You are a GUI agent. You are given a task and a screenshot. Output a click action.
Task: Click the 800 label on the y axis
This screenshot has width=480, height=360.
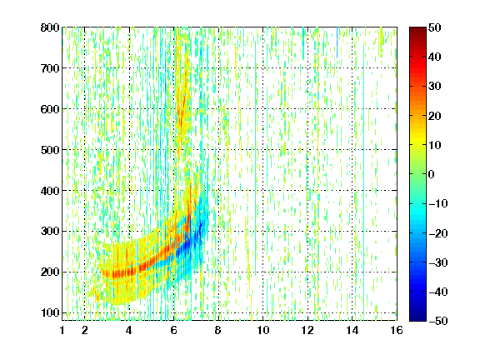[x=50, y=27]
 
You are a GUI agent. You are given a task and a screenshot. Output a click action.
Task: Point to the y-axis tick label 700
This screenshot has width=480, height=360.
[x=50, y=68]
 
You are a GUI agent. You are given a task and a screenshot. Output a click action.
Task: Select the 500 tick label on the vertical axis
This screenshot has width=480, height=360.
[x=50, y=150]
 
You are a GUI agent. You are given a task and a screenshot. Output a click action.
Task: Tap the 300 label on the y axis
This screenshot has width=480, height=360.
[x=50, y=231]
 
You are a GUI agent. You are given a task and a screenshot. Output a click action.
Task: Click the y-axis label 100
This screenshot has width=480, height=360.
[x=50, y=312]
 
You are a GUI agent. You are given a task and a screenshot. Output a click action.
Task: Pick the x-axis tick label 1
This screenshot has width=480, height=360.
[x=62, y=330]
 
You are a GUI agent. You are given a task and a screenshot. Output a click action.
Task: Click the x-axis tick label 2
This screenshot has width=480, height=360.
[x=84, y=330]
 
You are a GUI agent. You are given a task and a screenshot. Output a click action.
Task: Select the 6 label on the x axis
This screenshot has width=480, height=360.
[x=174, y=330]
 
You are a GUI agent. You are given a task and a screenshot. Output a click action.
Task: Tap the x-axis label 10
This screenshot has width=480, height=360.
[x=263, y=330]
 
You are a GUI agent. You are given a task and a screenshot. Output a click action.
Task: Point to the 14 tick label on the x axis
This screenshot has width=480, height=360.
[x=352, y=330]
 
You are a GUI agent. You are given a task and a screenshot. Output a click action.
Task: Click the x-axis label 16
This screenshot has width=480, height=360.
[x=397, y=330]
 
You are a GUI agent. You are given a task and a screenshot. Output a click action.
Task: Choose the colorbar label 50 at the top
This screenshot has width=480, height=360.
[x=434, y=27]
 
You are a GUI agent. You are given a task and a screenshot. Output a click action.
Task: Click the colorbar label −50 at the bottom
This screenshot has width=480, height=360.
[x=438, y=321]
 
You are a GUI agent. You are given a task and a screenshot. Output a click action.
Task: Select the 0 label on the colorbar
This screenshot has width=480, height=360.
[x=432, y=174]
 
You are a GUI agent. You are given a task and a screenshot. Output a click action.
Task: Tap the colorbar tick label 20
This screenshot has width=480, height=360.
[x=434, y=116]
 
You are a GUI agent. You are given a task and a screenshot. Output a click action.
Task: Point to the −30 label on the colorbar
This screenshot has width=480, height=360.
[x=438, y=262]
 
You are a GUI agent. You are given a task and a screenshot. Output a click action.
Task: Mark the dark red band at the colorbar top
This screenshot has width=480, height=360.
[x=417, y=33]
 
